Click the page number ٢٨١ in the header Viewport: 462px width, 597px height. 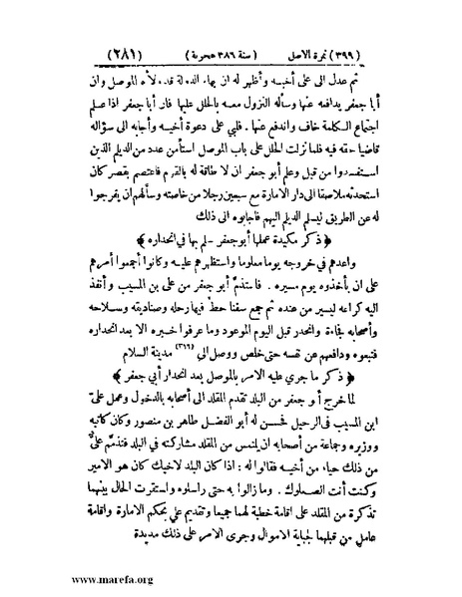point(81,51)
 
